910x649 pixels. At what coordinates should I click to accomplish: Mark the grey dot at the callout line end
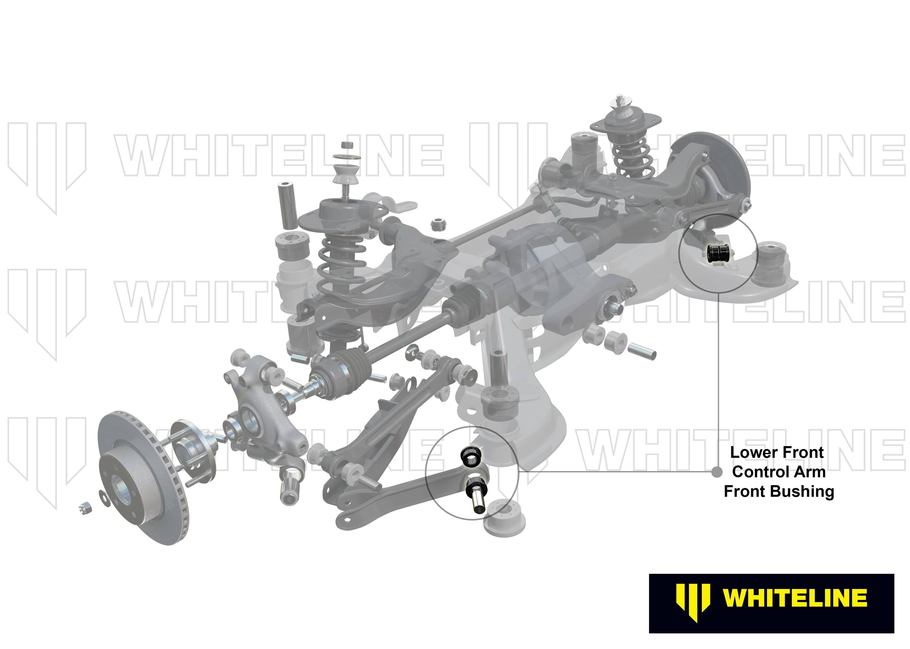(717, 472)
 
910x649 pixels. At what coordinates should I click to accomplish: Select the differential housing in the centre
(531, 272)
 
